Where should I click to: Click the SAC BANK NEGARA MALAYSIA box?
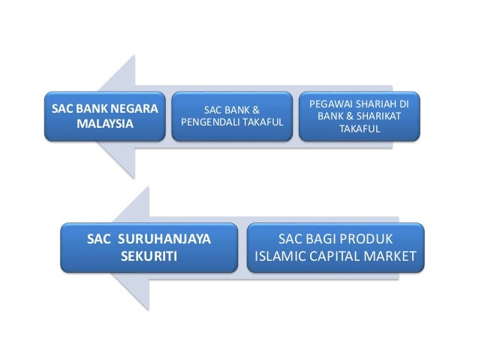[105, 116]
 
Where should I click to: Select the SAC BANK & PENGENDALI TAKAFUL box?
[230, 116]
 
